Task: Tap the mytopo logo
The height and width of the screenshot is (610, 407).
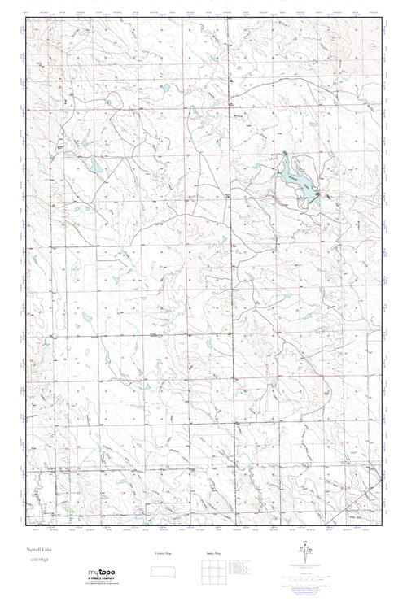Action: coord(102,574)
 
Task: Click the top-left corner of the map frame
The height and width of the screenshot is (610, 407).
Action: coord(26,17)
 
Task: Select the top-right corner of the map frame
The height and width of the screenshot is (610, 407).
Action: coord(382,17)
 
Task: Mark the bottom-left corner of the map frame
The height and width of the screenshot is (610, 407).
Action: coord(26,529)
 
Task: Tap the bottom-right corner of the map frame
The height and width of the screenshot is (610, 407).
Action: coord(382,529)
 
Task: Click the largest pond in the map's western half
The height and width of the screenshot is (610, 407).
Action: coord(96,168)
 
